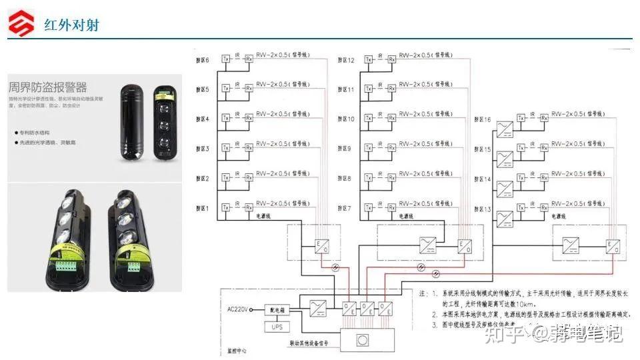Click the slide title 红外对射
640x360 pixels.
click(x=71, y=25)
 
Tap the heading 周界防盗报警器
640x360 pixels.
click(x=48, y=87)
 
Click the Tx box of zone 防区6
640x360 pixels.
click(x=226, y=58)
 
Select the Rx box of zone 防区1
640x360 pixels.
click(x=249, y=207)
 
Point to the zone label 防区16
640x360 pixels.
click(x=482, y=120)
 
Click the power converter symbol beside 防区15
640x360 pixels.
click(x=505, y=155)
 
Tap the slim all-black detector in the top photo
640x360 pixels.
click(x=131, y=123)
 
